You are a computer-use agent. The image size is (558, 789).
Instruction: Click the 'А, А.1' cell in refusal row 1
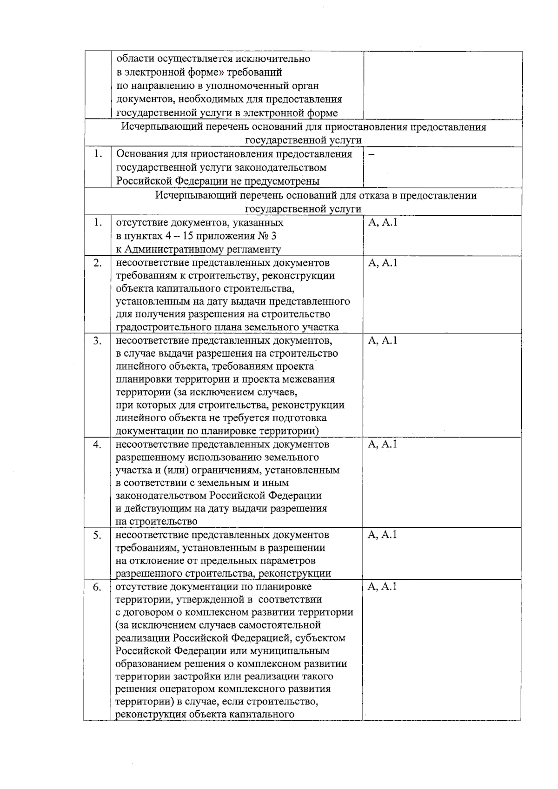click(x=382, y=223)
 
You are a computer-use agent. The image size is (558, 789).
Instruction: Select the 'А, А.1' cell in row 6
click(x=382, y=586)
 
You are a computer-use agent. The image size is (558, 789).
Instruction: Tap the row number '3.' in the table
click(x=97, y=341)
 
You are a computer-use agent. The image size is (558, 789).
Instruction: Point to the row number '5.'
click(x=97, y=536)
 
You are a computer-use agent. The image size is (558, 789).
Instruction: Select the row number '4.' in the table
click(x=97, y=445)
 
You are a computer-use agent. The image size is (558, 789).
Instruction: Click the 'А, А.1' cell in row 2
click(x=382, y=263)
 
